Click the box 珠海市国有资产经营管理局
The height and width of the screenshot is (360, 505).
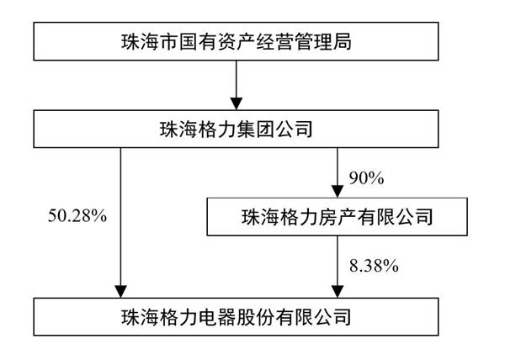[x=236, y=41]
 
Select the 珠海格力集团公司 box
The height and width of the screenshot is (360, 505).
[x=236, y=129]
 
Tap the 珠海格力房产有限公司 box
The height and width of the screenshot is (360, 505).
[x=338, y=217]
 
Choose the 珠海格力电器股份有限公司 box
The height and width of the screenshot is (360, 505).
[x=236, y=317]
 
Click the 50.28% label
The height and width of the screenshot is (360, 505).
[x=77, y=216]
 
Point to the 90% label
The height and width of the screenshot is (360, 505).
[x=366, y=178]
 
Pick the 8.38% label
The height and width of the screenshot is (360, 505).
[x=374, y=266]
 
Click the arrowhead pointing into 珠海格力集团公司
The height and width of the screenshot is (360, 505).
[x=237, y=103]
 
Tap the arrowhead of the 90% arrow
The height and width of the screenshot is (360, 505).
[x=338, y=192]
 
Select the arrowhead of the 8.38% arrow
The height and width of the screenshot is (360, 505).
[x=338, y=292]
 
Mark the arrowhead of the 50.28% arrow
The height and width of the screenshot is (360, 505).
[x=120, y=292]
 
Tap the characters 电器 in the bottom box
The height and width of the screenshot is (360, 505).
[x=216, y=317]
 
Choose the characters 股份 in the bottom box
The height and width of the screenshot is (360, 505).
[x=255, y=317]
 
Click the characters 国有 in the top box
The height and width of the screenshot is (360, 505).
[x=198, y=41]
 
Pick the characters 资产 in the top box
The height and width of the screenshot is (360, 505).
[x=236, y=41]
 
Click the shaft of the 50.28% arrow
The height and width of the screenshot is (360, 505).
[x=120, y=217]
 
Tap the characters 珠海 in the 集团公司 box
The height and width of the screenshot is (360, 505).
[x=178, y=130]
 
